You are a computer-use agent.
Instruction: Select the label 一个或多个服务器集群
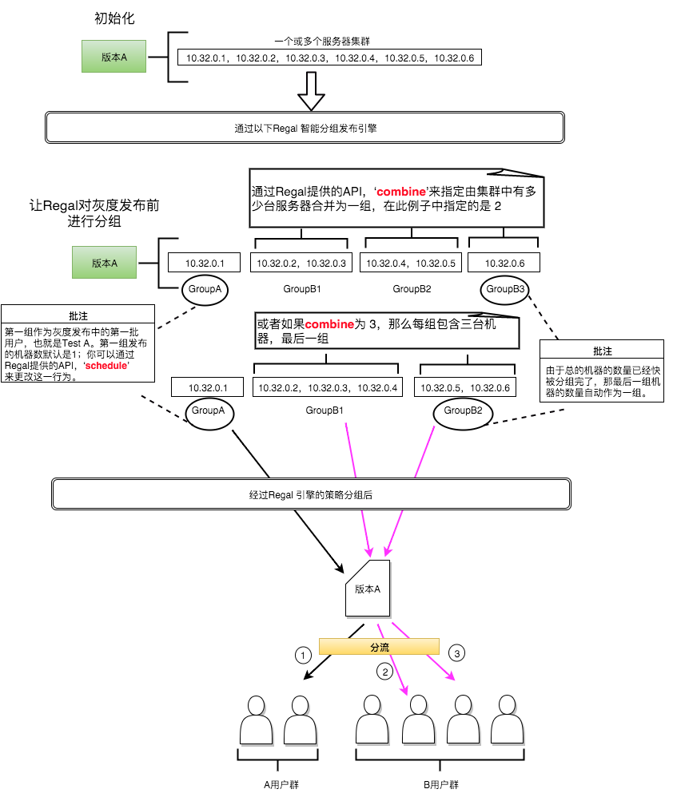tap(321, 41)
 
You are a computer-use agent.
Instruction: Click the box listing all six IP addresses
tap(330, 57)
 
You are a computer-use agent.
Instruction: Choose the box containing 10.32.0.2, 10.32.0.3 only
tap(300, 263)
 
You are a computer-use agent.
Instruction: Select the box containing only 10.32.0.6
tap(504, 263)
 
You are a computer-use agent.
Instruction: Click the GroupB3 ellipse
tap(505, 289)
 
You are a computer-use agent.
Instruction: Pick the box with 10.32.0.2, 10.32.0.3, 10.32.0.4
tap(326, 388)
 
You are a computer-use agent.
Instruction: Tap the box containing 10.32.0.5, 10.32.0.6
tap(464, 388)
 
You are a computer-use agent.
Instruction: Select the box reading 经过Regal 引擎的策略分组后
tap(311, 495)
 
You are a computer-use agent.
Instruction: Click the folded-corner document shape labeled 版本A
tap(368, 589)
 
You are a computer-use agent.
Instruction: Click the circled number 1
tap(302, 655)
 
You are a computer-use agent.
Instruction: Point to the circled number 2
tap(385, 672)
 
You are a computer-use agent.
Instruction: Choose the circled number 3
tap(457, 653)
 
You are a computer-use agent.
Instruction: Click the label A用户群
tap(281, 784)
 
